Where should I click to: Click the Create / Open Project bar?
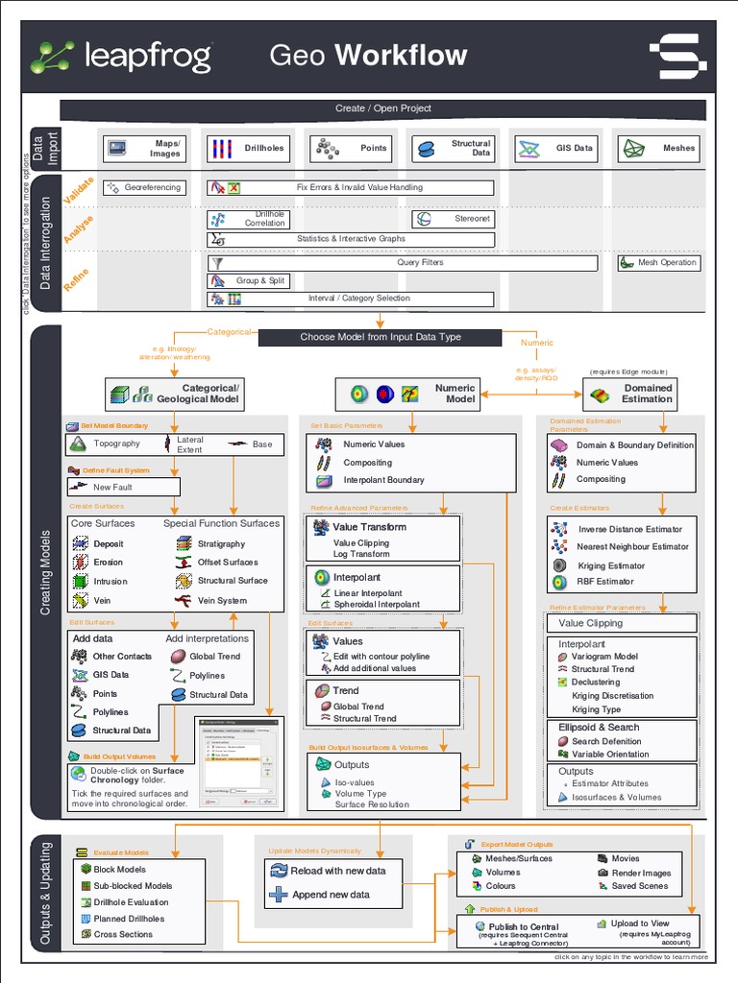coord(382,109)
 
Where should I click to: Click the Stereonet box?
coord(453,219)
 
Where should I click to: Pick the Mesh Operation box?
coord(658,262)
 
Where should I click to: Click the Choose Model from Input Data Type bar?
coord(380,337)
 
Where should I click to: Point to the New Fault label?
coord(112,487)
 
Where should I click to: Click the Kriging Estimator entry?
coord(611,565)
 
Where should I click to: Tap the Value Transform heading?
coord(369,527)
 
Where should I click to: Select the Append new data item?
coord(331,895)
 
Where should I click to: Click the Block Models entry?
coord(119,869)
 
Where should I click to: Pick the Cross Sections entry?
coord(123,934)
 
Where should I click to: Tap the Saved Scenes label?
coord(639,886)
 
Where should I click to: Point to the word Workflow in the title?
coord(401,56)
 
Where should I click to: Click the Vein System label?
coord(222,601)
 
